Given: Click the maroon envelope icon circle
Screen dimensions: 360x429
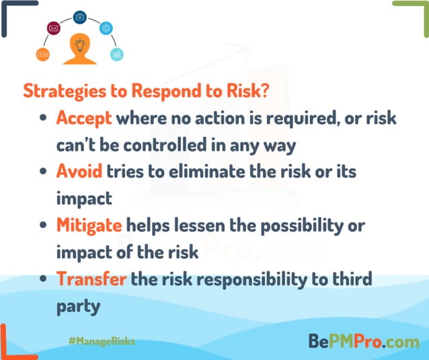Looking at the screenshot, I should click(x=53, y=29).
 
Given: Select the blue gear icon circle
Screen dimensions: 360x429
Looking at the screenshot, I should click(x=106, y=29).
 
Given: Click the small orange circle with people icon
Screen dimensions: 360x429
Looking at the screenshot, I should click(x=43, y=54).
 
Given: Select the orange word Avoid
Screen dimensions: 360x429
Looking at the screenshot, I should click(x=79, y=171).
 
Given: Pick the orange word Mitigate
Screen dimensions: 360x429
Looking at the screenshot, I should click(x=89, y=224).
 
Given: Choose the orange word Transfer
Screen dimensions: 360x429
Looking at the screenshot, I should click(x=91, y=277).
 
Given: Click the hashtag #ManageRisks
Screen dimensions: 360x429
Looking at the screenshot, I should click(x=101, y=341).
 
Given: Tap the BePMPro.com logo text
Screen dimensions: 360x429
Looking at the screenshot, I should click(x=363, y=340).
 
